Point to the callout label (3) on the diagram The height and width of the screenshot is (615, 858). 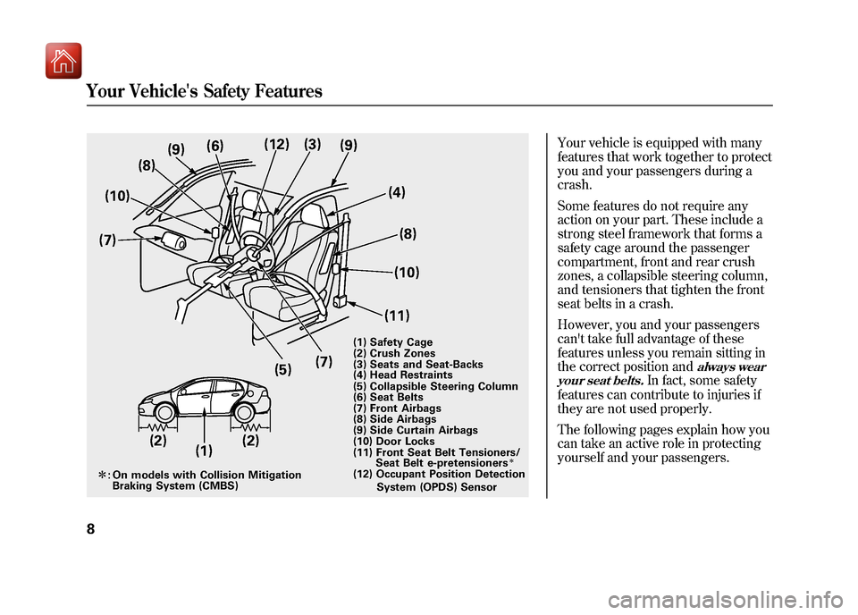click(312, 143)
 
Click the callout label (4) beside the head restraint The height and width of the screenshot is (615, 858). click(397, 191)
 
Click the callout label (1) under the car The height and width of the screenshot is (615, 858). click(204, 451)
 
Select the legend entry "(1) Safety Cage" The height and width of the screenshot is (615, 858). click(392, 342)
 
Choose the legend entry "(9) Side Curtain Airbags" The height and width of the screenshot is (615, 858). click(415, 430)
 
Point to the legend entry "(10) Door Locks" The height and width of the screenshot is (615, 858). click(394, 442)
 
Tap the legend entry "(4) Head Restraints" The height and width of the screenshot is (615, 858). click(402, 375)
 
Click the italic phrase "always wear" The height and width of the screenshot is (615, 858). click(732, 367)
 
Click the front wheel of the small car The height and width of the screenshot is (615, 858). click(164, 412)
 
